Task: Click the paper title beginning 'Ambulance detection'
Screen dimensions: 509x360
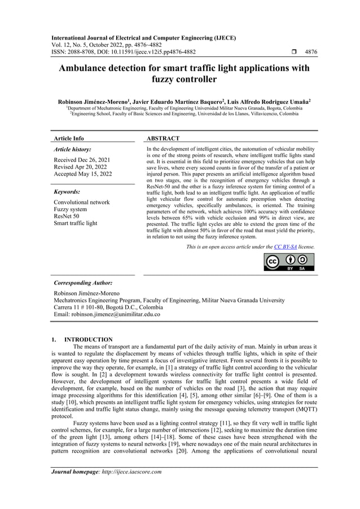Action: pyautogui.click(x=180, y=74)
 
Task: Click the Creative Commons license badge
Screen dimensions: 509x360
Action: pyautogui.click(x=289, y=262)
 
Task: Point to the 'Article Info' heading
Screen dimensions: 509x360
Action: pyautogui.click(x=68, y=138)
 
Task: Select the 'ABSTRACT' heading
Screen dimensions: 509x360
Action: pyautogui.click(x=163, y=138)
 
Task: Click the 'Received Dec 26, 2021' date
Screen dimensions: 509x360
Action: pyautogui.click(x=82, y=160)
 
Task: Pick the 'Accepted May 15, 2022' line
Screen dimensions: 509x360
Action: pyautogui.click(x=82, y=174)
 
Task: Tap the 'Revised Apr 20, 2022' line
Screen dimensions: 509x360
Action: pyautogui.click(x=80, y=167)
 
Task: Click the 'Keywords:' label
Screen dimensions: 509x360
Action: pyautogui.click(x=67, y=192)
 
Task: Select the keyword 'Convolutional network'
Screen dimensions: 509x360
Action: pyautogui.click(x=81, y=202)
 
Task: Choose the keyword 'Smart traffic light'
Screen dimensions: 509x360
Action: pyautogui.click(x=75, y=223)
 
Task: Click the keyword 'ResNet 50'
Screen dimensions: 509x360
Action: pyautogui.click(x=67, y=216)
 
